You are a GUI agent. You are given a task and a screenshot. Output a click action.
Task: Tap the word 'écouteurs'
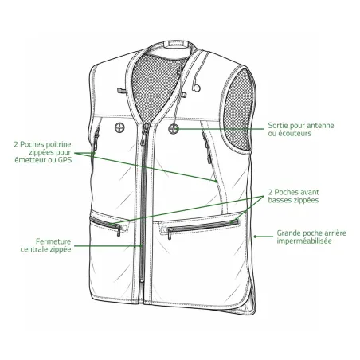click(295, 133)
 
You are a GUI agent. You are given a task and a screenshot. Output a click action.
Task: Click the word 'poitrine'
click(59, 144)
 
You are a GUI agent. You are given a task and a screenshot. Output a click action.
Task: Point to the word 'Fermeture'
click(53, 241)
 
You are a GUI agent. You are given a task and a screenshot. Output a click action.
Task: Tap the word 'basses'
click(279, 200)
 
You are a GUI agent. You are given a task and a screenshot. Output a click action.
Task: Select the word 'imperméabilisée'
click(304, 241)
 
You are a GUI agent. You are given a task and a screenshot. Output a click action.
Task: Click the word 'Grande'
click(288, 233)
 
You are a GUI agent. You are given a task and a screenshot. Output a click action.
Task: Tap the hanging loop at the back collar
click(176, 44)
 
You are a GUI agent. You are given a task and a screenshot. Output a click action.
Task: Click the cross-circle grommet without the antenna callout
click(119, 128)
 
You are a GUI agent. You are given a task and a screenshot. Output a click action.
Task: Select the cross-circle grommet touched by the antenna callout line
click(173, 129)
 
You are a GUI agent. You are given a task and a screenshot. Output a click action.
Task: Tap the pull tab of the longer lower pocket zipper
click(169, 233)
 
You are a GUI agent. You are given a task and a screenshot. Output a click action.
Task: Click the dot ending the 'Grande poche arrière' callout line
click(255, 237)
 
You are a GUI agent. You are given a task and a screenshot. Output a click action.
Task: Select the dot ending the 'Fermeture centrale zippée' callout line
click(142, 246)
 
